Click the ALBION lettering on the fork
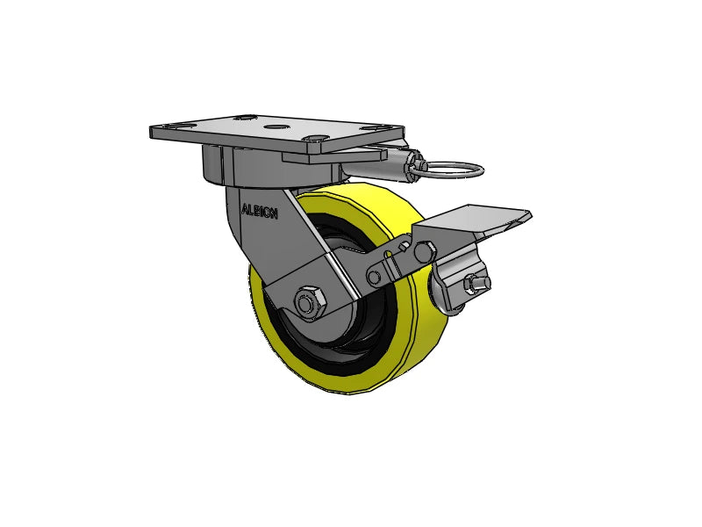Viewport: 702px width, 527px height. click(259, 212)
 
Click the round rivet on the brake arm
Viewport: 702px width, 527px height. click(375, 278)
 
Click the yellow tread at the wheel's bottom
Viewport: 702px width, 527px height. click(351, 386)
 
